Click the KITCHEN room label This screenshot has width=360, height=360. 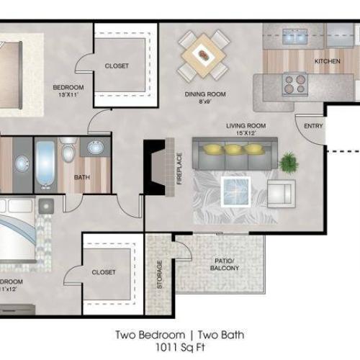click(327, 62)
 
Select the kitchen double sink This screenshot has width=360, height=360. click(294, 35)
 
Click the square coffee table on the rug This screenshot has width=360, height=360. click(235, 191)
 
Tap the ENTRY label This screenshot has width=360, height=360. click(313, 126)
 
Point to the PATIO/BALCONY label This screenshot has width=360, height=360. click(225, 264)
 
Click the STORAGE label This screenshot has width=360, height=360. click(159, 274)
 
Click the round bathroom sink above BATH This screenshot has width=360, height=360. click(96, 148)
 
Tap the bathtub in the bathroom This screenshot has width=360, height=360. click(45, 165)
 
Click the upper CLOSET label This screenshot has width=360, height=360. click(117, 66)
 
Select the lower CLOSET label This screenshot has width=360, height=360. click(104, 273)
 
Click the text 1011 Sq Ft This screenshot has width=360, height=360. click(179, 348)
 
